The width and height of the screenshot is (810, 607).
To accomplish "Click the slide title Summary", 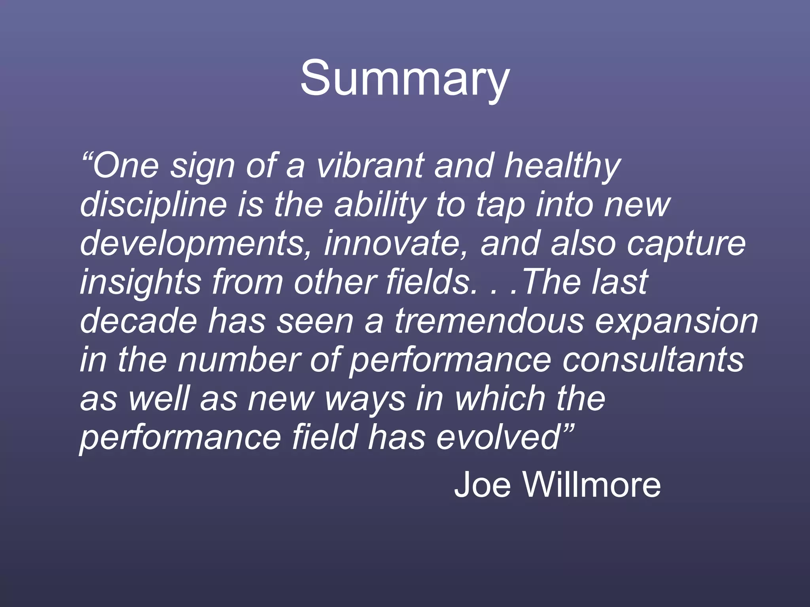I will click(x=405, y=78).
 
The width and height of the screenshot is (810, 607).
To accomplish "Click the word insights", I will click(x=141, y=282).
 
